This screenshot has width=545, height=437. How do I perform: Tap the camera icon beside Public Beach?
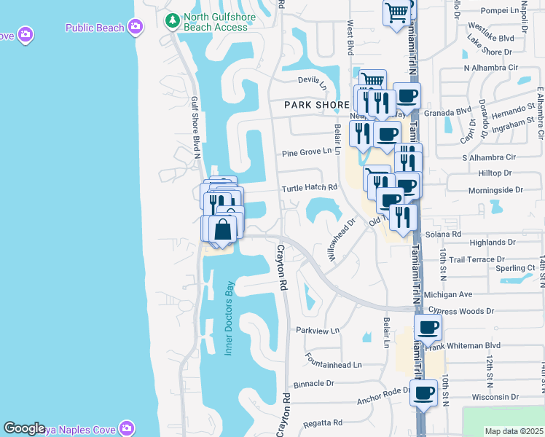pyautogui.click(x=135, y=28)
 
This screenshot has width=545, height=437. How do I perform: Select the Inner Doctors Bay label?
pyautogui.click(x=228, y=318)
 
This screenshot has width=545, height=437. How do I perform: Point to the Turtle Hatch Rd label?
pyautogui.click(x=310, y=187)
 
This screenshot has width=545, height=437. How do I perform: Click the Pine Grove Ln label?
pyautogui.click(x=306, y=154)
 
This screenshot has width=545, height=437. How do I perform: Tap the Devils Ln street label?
pyautogui.click(x=313, y=80)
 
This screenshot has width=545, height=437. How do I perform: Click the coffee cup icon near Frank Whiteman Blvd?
pyautogui.click(x=428, y=327)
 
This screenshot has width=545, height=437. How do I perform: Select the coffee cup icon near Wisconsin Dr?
pyautogui.click(x=423, y=393)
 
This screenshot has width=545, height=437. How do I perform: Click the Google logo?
pyautogui.click(x=25, y=428)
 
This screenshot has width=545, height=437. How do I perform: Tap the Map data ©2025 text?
pyautogui.click(x=514, y=431)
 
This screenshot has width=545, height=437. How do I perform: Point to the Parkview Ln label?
pyautogui.click(x=318, y=330)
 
